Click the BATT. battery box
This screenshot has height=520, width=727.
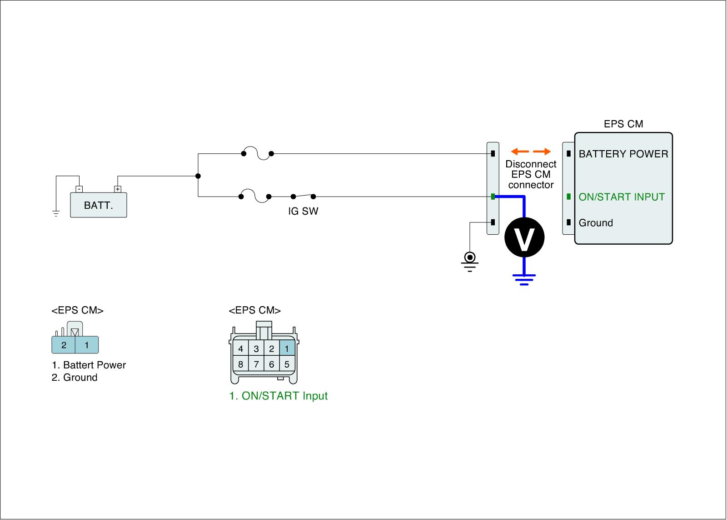(x=99, y=205)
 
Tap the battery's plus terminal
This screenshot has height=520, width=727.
(x=118, y=189)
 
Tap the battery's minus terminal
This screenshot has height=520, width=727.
(x=79, y=189)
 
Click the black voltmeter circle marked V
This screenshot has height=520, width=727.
(x=524, y=237)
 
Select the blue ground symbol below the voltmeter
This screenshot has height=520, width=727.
(x=524, y=280)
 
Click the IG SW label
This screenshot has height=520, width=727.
(x=303, y=211)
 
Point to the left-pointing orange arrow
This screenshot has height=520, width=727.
(x=520, y=151)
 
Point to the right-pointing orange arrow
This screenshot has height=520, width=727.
(x=542, y=151)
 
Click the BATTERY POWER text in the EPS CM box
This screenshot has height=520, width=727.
(x=623, y=154)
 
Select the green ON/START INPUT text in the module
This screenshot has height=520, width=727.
(x=622, y=197)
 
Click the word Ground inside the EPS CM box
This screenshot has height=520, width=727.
(x=596, y=223)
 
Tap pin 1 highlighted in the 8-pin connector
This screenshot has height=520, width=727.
(x=287, y=349)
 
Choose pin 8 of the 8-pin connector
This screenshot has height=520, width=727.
(x=240, y=364)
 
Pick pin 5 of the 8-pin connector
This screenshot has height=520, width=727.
(x=287, y=364)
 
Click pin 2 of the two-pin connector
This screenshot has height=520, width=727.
(x=64, y=345)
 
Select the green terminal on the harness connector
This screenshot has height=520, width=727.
(x=493, y=197)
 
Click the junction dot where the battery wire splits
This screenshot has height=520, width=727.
(x=198, y=176)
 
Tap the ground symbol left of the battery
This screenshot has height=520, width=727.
(x=56, y=213)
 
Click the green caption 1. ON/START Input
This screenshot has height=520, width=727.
(x=279, y=396)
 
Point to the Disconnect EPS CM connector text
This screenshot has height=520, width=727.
(x=531, y=175)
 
